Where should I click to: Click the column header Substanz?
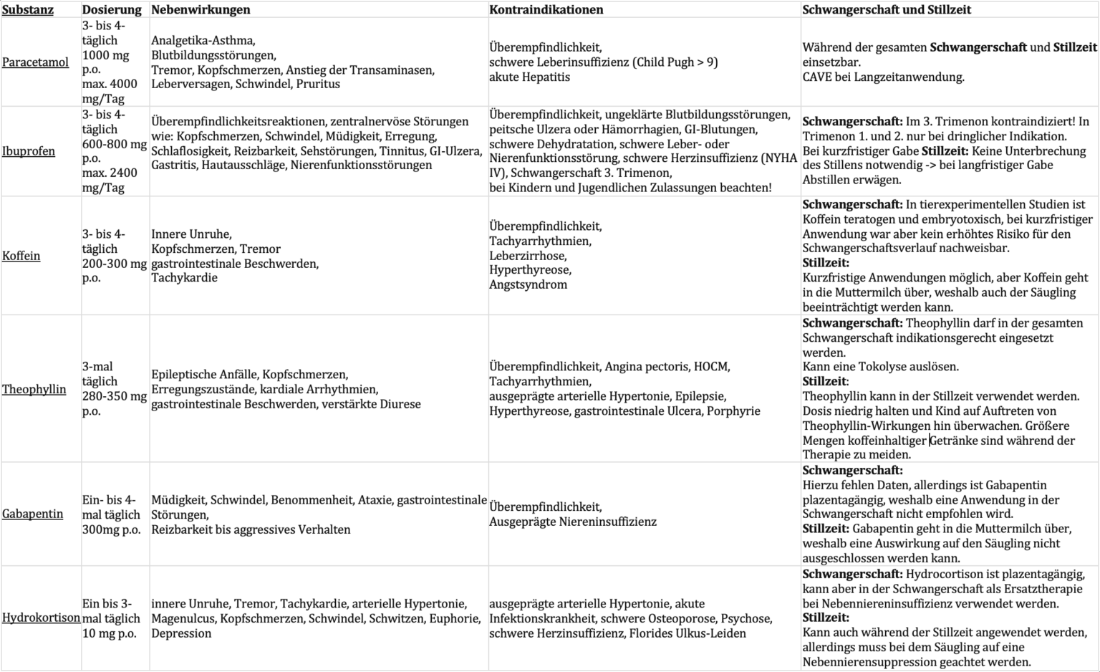28,10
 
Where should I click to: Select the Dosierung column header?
112,10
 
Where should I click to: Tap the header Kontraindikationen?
546,10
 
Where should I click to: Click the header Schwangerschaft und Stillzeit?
887,10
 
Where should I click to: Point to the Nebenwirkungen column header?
201,10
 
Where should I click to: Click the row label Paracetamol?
35,62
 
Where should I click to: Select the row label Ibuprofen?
29,151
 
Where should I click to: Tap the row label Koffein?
21,256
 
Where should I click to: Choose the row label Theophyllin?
34,389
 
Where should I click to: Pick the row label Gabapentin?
32,514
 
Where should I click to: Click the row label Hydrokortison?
41,618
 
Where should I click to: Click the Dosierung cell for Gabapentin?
112,514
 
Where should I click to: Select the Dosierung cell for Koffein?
114,256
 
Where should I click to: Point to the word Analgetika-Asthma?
203,41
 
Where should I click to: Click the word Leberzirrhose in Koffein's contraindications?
528,256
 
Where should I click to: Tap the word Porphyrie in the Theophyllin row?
733,411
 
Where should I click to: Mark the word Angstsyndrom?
528,284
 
